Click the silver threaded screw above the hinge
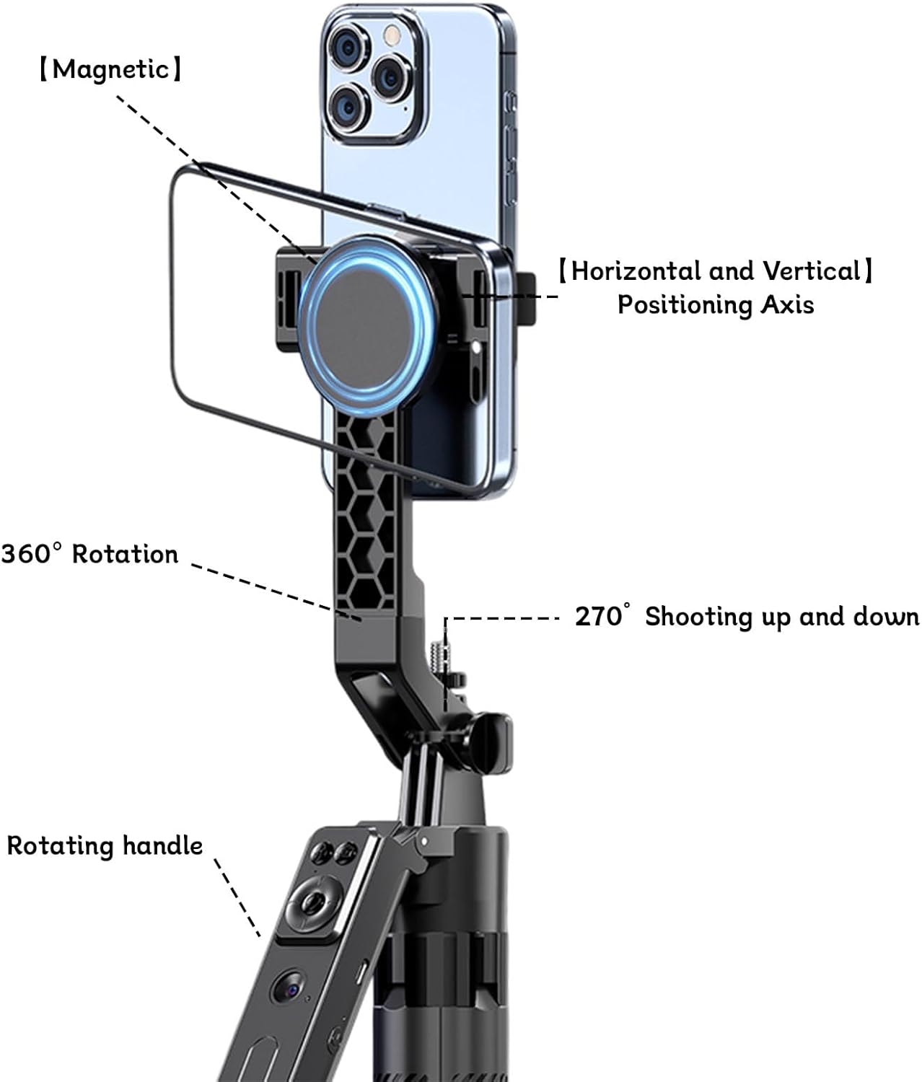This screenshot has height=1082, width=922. tap(445, 646)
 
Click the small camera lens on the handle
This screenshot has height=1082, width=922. tap(286, 986)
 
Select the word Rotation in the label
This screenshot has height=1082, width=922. tap(125, 554)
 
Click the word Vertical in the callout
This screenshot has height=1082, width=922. tap(811, 271)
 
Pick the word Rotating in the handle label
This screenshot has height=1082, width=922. tap(61, 845)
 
